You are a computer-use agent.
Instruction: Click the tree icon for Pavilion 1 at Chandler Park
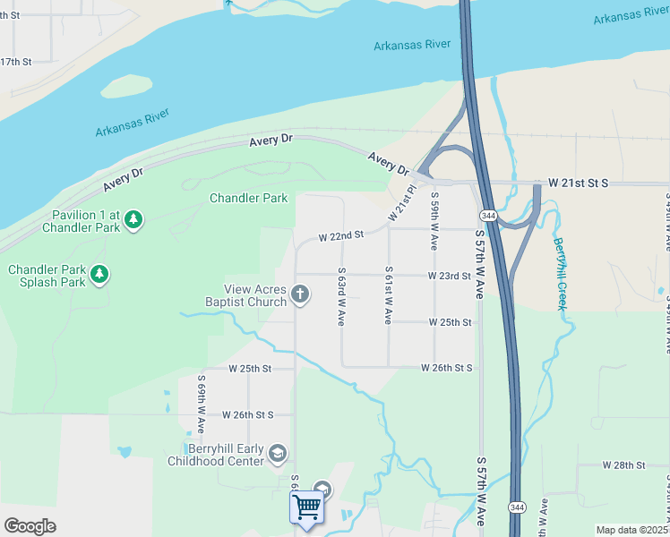point(133,219)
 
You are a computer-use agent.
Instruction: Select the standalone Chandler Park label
point(248,198)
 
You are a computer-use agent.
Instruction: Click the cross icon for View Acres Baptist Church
point(301,294)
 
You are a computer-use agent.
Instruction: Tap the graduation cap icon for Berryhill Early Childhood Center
point(278,454)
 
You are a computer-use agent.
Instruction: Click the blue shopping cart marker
point(307,507)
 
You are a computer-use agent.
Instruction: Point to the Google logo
point(30,526)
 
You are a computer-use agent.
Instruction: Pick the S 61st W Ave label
point(389,294)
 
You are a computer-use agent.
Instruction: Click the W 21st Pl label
point(403,204)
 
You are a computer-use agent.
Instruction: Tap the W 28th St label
point(623,465)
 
